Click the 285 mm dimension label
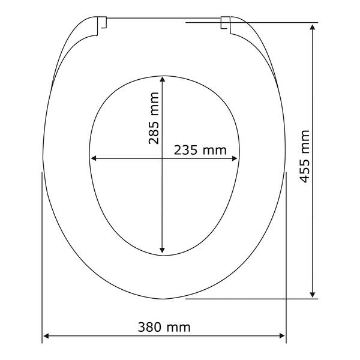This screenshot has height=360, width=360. pos(154,118)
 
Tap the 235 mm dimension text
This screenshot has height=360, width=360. pos(200,151)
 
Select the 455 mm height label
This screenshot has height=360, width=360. pos(305,157)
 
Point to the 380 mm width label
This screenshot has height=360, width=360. pos(164,327)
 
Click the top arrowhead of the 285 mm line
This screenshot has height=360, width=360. pos(163,79)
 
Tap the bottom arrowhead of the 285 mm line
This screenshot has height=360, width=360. pos(163,250)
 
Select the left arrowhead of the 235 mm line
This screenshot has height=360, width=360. pos(94,158)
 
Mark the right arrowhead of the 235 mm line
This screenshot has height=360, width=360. pos(235,158)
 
